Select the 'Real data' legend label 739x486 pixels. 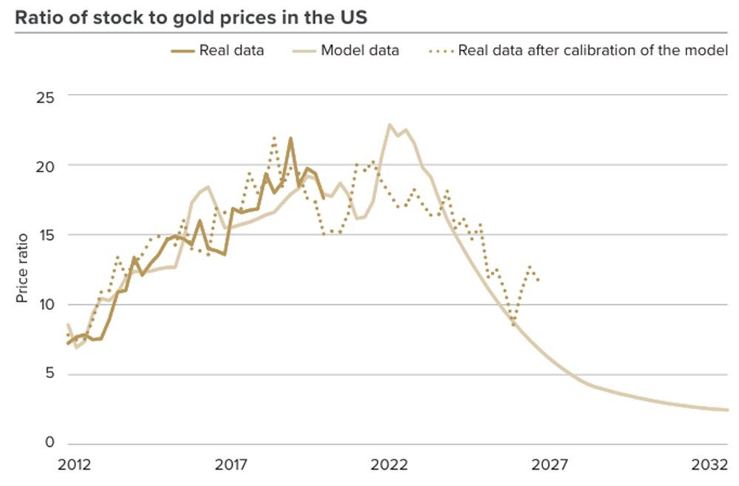(x=231, y=50)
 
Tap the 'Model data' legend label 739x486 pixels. (x=360, y=50)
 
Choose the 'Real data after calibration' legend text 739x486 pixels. (x=593, y=50)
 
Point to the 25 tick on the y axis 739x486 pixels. (x=45, y=98)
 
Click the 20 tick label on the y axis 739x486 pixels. (x=45, y=167)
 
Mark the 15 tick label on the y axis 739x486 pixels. (x=45, y=235)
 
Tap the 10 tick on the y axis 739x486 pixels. (x=46, y=305)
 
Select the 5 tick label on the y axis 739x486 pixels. (x=50, y=374)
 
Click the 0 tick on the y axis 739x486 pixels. (x=50, y=442)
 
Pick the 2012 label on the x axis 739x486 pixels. (x=75, y=465)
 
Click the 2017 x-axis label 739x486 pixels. (x=231, y=465)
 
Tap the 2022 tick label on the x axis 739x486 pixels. (x=389, y=465)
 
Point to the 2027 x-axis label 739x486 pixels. (x=550, y=465)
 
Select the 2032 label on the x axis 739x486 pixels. (x=709, y=465)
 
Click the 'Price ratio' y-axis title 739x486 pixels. (x=22, y=268)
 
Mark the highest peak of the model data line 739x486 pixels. (x=389, y=125)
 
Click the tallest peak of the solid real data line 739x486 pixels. (x=290, y=138)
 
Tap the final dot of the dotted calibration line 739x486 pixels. (x=538, y=280)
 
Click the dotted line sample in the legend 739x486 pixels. (x=442, y=51)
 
